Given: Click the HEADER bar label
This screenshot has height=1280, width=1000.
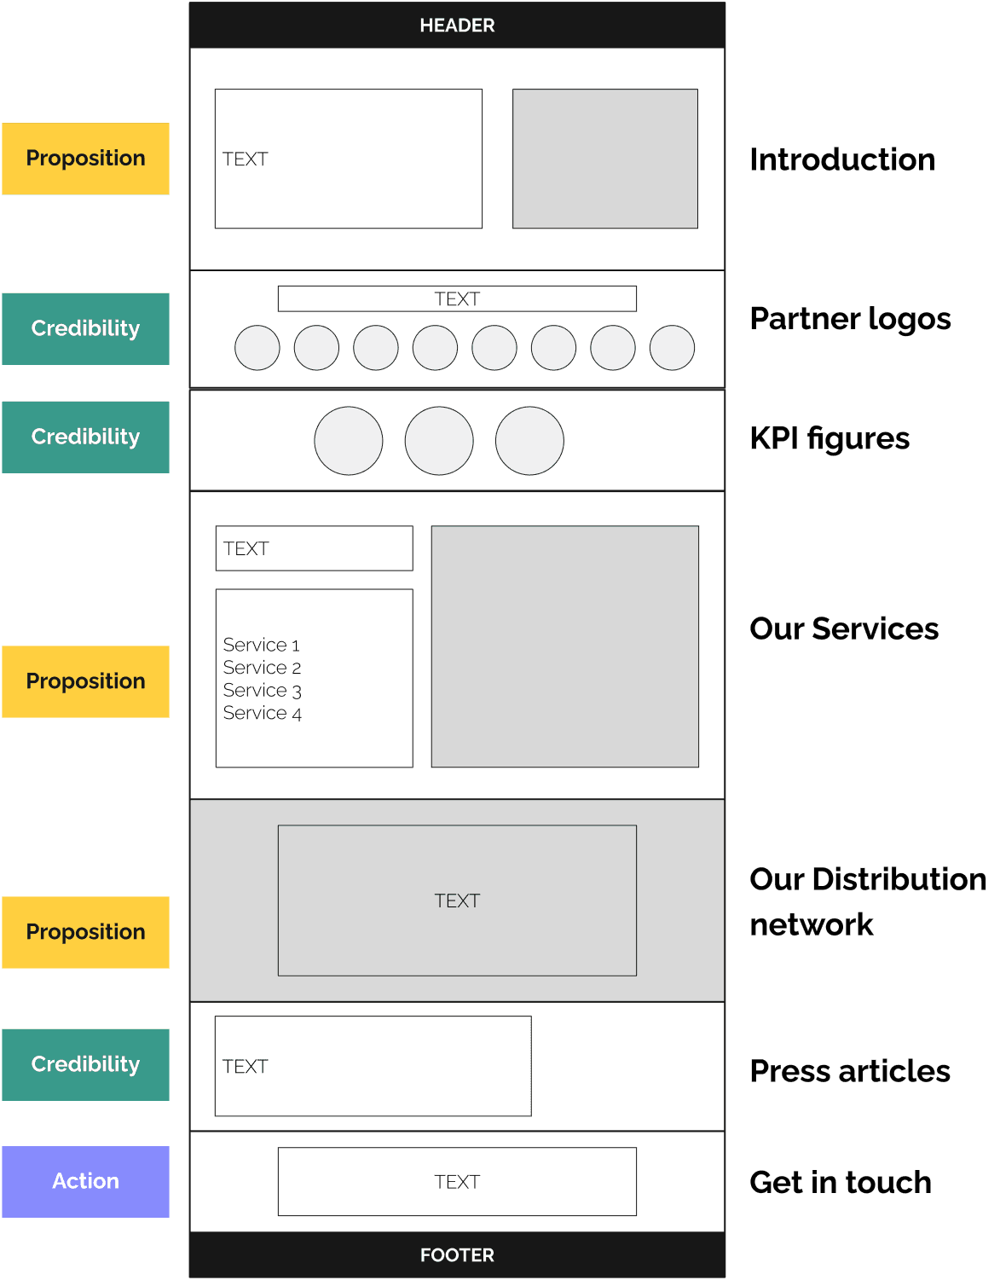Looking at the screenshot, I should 457,26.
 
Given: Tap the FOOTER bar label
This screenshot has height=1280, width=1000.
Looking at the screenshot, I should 457,1255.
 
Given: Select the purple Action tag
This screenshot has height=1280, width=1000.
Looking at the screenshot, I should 85,1181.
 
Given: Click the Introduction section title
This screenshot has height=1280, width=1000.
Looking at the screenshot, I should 841,159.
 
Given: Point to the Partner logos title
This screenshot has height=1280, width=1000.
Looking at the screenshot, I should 850,319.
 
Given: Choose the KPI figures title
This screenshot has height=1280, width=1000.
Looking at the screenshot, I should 829,438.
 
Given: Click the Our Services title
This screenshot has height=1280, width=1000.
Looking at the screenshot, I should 843,628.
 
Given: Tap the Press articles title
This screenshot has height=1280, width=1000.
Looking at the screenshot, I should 849,1071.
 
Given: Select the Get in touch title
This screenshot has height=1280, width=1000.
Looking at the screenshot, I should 840,1183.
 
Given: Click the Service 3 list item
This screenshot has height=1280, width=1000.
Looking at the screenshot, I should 262,691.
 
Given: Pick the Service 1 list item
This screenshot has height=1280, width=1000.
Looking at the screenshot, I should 261,645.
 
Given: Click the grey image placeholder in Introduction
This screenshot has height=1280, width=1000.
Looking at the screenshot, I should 605,159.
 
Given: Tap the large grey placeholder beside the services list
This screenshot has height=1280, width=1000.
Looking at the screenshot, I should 564,646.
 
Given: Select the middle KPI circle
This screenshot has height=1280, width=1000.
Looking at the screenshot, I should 439,441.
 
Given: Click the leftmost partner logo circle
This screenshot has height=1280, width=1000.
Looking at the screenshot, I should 257,348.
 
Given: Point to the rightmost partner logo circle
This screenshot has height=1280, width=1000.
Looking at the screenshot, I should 672,348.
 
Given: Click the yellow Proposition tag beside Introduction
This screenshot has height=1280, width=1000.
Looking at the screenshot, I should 85,159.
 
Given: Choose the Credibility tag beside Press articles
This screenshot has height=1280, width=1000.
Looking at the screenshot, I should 85,1064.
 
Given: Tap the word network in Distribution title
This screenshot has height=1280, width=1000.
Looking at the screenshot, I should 811,925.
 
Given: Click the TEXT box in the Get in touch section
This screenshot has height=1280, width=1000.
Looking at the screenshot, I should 457,1182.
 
